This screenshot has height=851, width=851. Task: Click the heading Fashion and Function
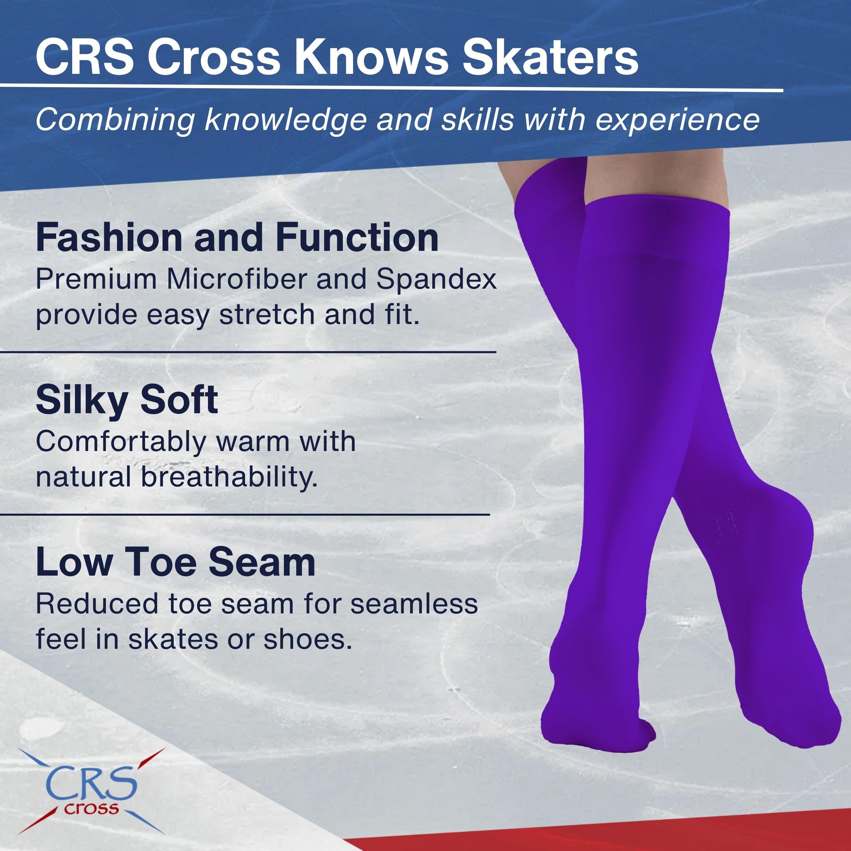pos(237,238)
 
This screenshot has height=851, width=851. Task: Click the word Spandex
pos(436,279)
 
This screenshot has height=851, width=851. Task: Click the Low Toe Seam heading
pos(176,562)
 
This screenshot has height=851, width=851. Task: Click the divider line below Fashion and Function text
pos(248,352)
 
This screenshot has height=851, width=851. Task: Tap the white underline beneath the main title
pos(391,88)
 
